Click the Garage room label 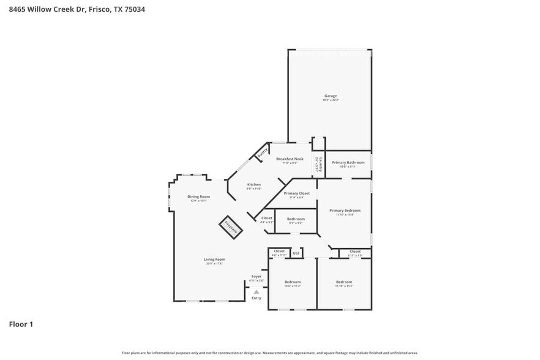(x=331, y=96)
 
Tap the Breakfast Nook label (x=290, y=159)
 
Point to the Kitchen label (x=253, y=184)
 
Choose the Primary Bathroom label (x=348, y=162)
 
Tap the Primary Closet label (x=296, y=193)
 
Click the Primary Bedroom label (x=345, y=211)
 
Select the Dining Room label (x=198, y=197)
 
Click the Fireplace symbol (x=231, y=227)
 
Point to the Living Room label (x=214, y=260)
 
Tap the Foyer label (x=257, y=276)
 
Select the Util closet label (x=296, y=252)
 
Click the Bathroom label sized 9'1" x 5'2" (x=296, y=219)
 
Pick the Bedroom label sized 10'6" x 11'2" (x=292, y=282)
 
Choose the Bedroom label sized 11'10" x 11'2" (x=343, y=282)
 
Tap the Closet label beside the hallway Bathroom (x=266, y=218)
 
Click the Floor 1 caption (x=21, y=324)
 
